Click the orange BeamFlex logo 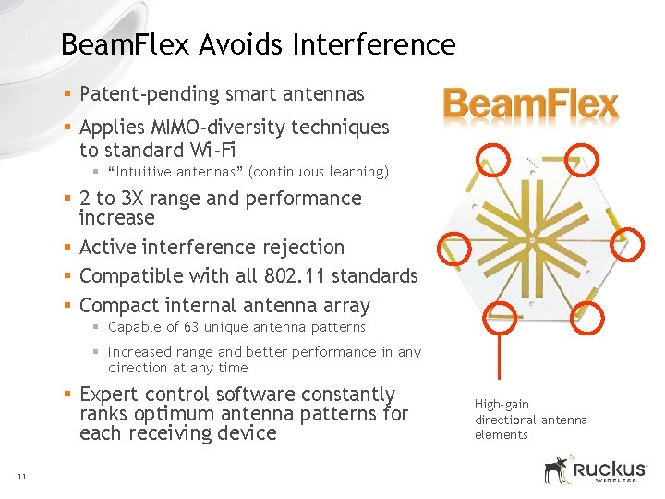coord(530,105)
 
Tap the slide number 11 coord(20,476)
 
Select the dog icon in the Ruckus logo coord(556,469)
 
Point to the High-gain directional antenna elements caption coord(530,420)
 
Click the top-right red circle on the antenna coord(582,159)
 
